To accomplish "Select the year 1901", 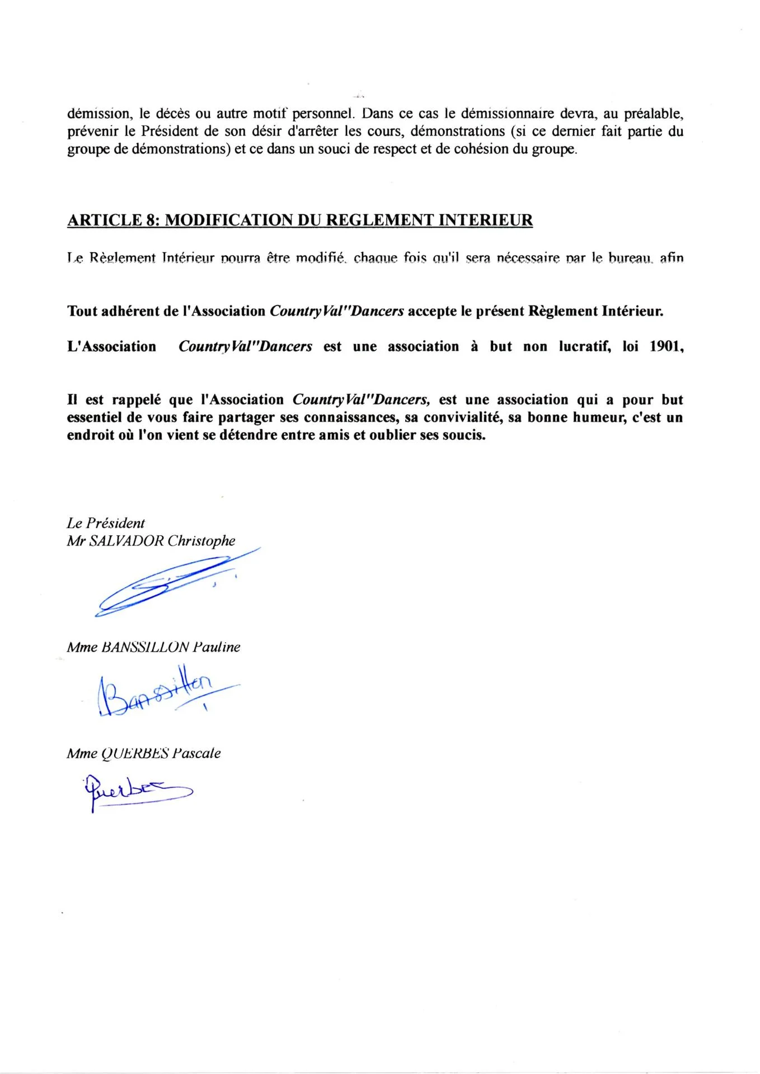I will point(665,347).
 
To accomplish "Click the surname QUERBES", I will point(135,753).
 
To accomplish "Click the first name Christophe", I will point(201,541).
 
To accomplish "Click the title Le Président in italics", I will point(106,523).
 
